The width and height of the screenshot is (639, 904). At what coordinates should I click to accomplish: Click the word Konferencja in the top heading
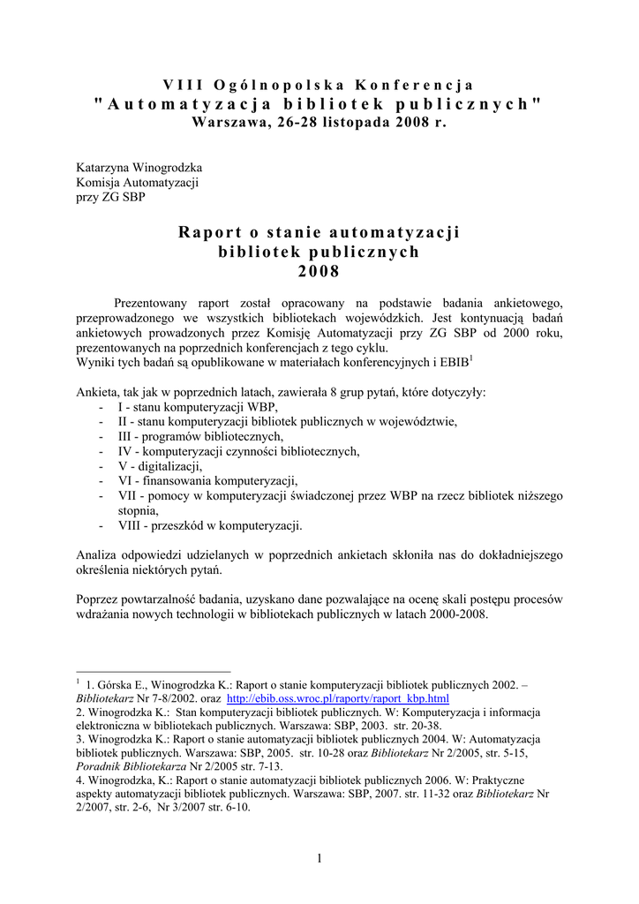click(x=415, y=85)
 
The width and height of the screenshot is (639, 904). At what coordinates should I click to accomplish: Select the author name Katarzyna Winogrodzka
click(x=139, y=168)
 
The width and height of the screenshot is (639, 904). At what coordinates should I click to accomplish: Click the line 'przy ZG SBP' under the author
click(x=111, y=196)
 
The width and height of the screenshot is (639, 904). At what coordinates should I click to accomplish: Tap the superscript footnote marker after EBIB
click(x=471, y=358)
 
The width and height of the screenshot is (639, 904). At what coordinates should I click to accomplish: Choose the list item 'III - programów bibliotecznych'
click(x=201, y=436)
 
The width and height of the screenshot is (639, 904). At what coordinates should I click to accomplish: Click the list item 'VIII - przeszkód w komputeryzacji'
click(x=210, y=525)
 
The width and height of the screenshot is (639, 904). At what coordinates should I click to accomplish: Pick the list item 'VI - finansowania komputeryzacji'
click(x=208, y=481)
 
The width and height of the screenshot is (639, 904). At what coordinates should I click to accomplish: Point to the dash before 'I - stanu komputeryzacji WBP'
click(x=102, y=407)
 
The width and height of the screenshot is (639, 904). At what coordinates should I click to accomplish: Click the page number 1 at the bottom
click(x=319, y=860)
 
